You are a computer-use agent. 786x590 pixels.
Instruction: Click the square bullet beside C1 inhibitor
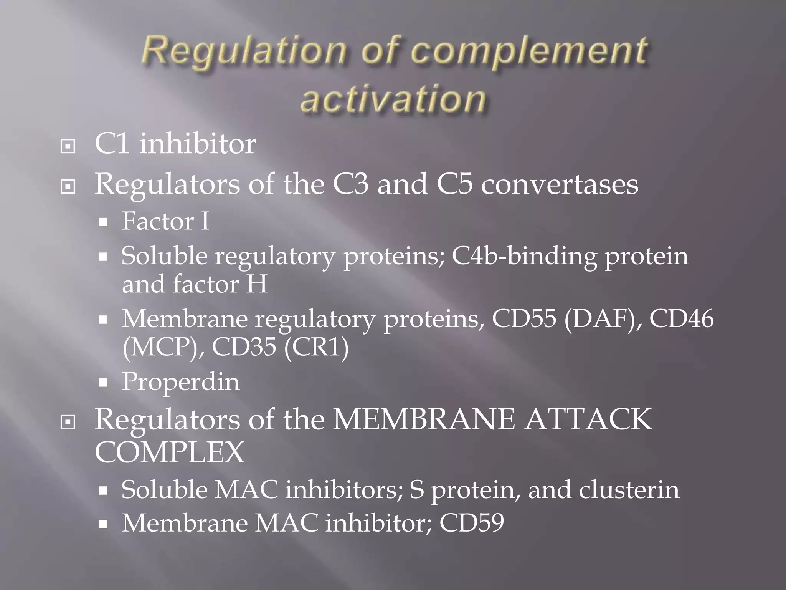point(68,146)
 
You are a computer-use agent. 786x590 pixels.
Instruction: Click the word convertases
point(560,184)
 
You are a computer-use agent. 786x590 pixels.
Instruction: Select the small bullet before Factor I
point(103,222)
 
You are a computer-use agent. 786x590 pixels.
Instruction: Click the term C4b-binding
point(524,256)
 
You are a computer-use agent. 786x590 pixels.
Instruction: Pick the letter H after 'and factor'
point(257,285)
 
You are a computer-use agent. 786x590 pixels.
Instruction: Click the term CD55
point(523,319)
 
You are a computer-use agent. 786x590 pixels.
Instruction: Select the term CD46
point(681,319)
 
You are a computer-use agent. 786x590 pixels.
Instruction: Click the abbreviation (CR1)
point(317,348)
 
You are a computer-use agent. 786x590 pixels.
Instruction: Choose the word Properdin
point(180,382)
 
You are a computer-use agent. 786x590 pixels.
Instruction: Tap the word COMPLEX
point(169,452)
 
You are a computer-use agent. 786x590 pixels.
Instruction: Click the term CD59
point(471,523)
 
